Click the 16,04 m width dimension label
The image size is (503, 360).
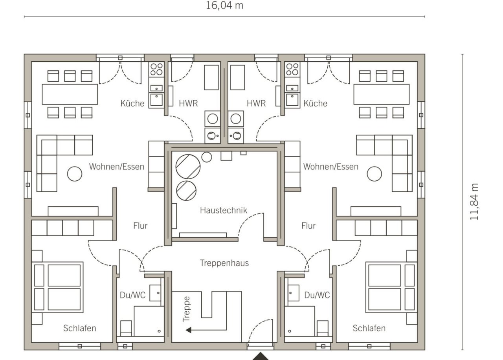[224, 6]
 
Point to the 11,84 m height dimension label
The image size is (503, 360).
[474, 202]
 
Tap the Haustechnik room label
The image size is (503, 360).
[224, 210]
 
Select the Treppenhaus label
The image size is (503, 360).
[224, 263]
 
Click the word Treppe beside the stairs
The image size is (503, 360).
[186, 309]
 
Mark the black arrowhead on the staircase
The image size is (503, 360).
[188, 330]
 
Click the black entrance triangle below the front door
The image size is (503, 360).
[261, 356]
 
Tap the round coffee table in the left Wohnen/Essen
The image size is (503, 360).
[75, 174]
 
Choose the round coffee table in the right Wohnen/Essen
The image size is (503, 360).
[374, 174]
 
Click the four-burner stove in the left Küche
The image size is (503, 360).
[156, 69]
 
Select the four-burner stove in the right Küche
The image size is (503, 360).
[292, 69]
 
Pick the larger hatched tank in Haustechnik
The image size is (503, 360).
[188, 167]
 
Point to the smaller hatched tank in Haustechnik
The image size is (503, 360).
[186, 191]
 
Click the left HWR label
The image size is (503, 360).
[188, 103]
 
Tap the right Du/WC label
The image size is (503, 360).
[317, 295]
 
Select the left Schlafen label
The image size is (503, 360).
[79, 328]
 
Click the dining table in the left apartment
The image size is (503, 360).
[70, 94]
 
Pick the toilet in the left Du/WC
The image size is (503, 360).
[126, 328]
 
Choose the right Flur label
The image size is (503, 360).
[308, 226]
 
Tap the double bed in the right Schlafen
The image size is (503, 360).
[391, 287]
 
